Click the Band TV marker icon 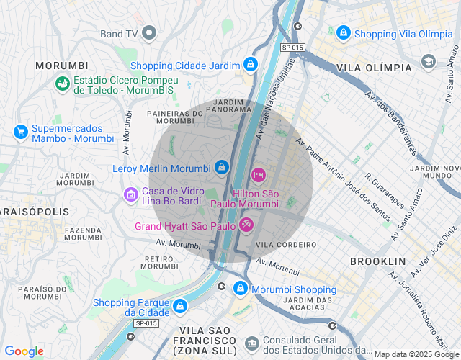pos(150,33)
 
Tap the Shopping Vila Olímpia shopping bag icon pos(344,33)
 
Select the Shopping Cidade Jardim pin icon pos(250,65)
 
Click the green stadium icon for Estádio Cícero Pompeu pos(63,84)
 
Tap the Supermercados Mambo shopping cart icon pos(20,132)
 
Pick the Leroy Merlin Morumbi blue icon pos(222,168)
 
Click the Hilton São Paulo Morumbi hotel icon pos(258,175)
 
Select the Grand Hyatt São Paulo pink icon pos(246,225)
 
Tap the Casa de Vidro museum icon pos(130,194)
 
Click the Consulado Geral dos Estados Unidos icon pos(251,342)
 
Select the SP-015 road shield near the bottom pos(146,323)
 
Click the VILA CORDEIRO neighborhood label pos(286,245)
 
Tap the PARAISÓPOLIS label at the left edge pos(34,212)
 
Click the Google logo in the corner pos(24,351)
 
